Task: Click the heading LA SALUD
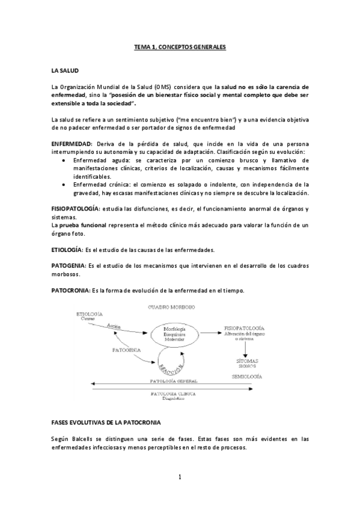click(x=66, y=70)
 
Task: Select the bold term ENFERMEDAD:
click(x=73, y=145)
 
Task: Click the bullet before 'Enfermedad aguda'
click(x=64, y=161)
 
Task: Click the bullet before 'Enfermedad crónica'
click(x=64, y=185)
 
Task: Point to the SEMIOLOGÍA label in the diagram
click(x=246, y=376)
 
